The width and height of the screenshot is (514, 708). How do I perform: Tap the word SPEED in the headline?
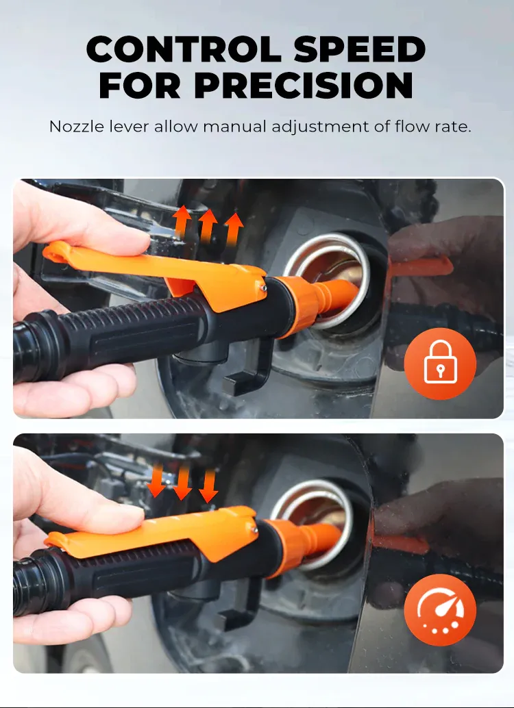tap(360, 49)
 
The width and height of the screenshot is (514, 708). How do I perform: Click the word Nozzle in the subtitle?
tap(76, 127)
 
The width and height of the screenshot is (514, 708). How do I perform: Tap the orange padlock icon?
tap(440, 364)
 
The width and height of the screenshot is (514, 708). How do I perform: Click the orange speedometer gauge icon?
tap(440, 609)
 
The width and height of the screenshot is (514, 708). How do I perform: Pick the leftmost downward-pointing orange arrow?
tap(156, 481)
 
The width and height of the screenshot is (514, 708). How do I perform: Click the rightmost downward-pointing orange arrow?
tap(209, 486)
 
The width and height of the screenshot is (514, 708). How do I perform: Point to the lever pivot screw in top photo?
tap(264, 287)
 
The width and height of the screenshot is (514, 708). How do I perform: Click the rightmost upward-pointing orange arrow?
tap(234, 229)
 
